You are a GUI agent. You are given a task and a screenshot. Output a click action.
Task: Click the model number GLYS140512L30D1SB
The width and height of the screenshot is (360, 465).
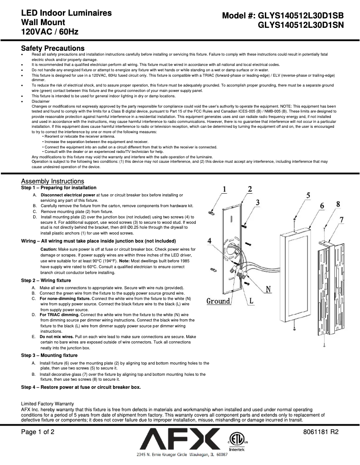tap(300, 16)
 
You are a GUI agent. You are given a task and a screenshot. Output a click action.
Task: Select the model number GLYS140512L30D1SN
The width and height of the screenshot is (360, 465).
tap(300, 26)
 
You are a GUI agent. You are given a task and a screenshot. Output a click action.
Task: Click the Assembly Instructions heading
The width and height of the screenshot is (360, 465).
tap(53, 181)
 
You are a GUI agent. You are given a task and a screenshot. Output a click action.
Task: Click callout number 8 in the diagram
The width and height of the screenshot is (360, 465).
tap(338, 204)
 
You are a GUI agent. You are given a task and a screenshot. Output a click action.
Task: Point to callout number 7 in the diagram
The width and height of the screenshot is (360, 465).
tap(342, 220)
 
